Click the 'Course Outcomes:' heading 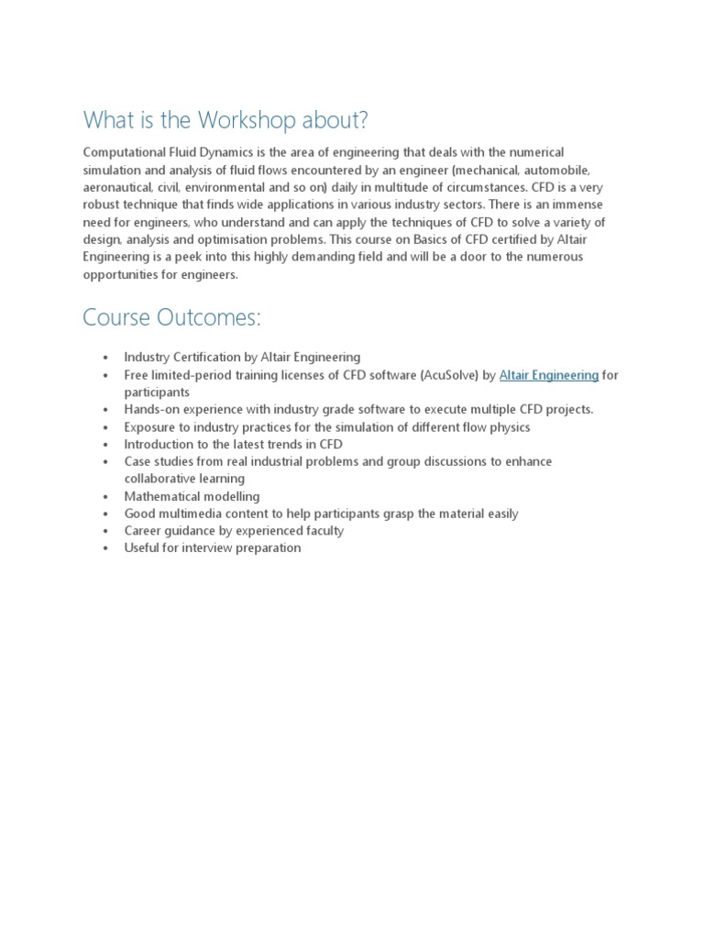click(171, 317)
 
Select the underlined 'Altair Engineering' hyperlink click(549, 375)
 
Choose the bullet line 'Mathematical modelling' click(192, 496)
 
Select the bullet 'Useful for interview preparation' click(213, 548)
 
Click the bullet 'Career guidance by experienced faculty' click(234, 531)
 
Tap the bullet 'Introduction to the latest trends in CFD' click(234, 444)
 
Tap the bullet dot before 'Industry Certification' click(106, 358)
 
